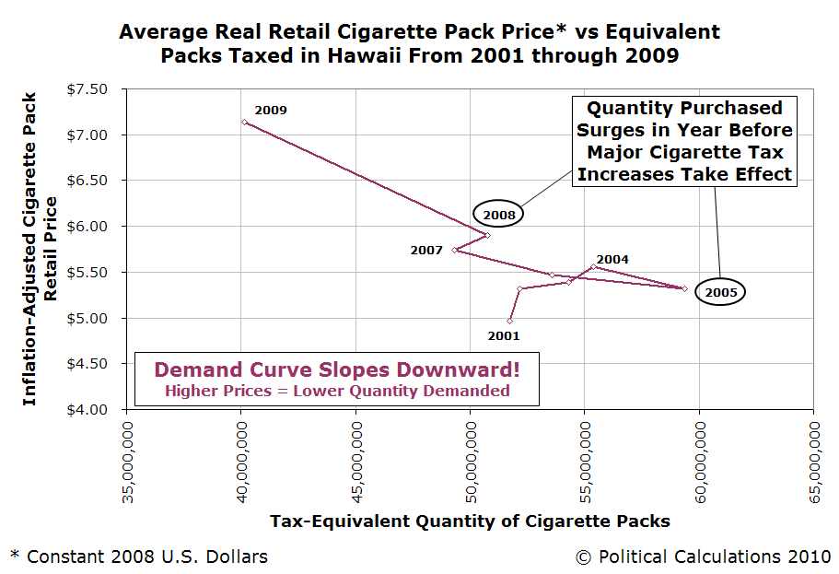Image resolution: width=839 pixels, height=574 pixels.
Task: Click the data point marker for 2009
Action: tap(244, 122)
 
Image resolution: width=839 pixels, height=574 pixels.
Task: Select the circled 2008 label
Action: tap(498, 214)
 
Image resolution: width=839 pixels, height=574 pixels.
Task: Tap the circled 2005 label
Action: tap(719, 292)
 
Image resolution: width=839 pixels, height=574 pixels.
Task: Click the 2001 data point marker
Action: tap(509, 321)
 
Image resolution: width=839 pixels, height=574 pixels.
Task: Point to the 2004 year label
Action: tap(612, 259)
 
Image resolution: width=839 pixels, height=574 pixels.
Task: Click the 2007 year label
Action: tap(426, 250)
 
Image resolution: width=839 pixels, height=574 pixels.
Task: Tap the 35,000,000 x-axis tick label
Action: tap(128, 457)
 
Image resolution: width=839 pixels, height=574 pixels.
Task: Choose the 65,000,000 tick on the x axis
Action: tap(813, 457)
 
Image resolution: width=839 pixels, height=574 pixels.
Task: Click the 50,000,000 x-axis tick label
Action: tap(471, 457)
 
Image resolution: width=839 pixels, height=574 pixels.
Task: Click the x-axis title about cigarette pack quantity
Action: tap(470, 521)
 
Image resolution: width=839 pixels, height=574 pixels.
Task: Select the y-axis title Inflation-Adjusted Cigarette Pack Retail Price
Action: tap(41, 249)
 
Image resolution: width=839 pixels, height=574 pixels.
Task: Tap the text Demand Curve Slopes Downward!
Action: tap(336, 369)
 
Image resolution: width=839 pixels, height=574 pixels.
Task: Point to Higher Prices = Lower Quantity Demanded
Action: tap(336, 391)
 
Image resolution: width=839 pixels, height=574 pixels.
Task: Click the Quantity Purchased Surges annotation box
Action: tap(684, 141)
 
